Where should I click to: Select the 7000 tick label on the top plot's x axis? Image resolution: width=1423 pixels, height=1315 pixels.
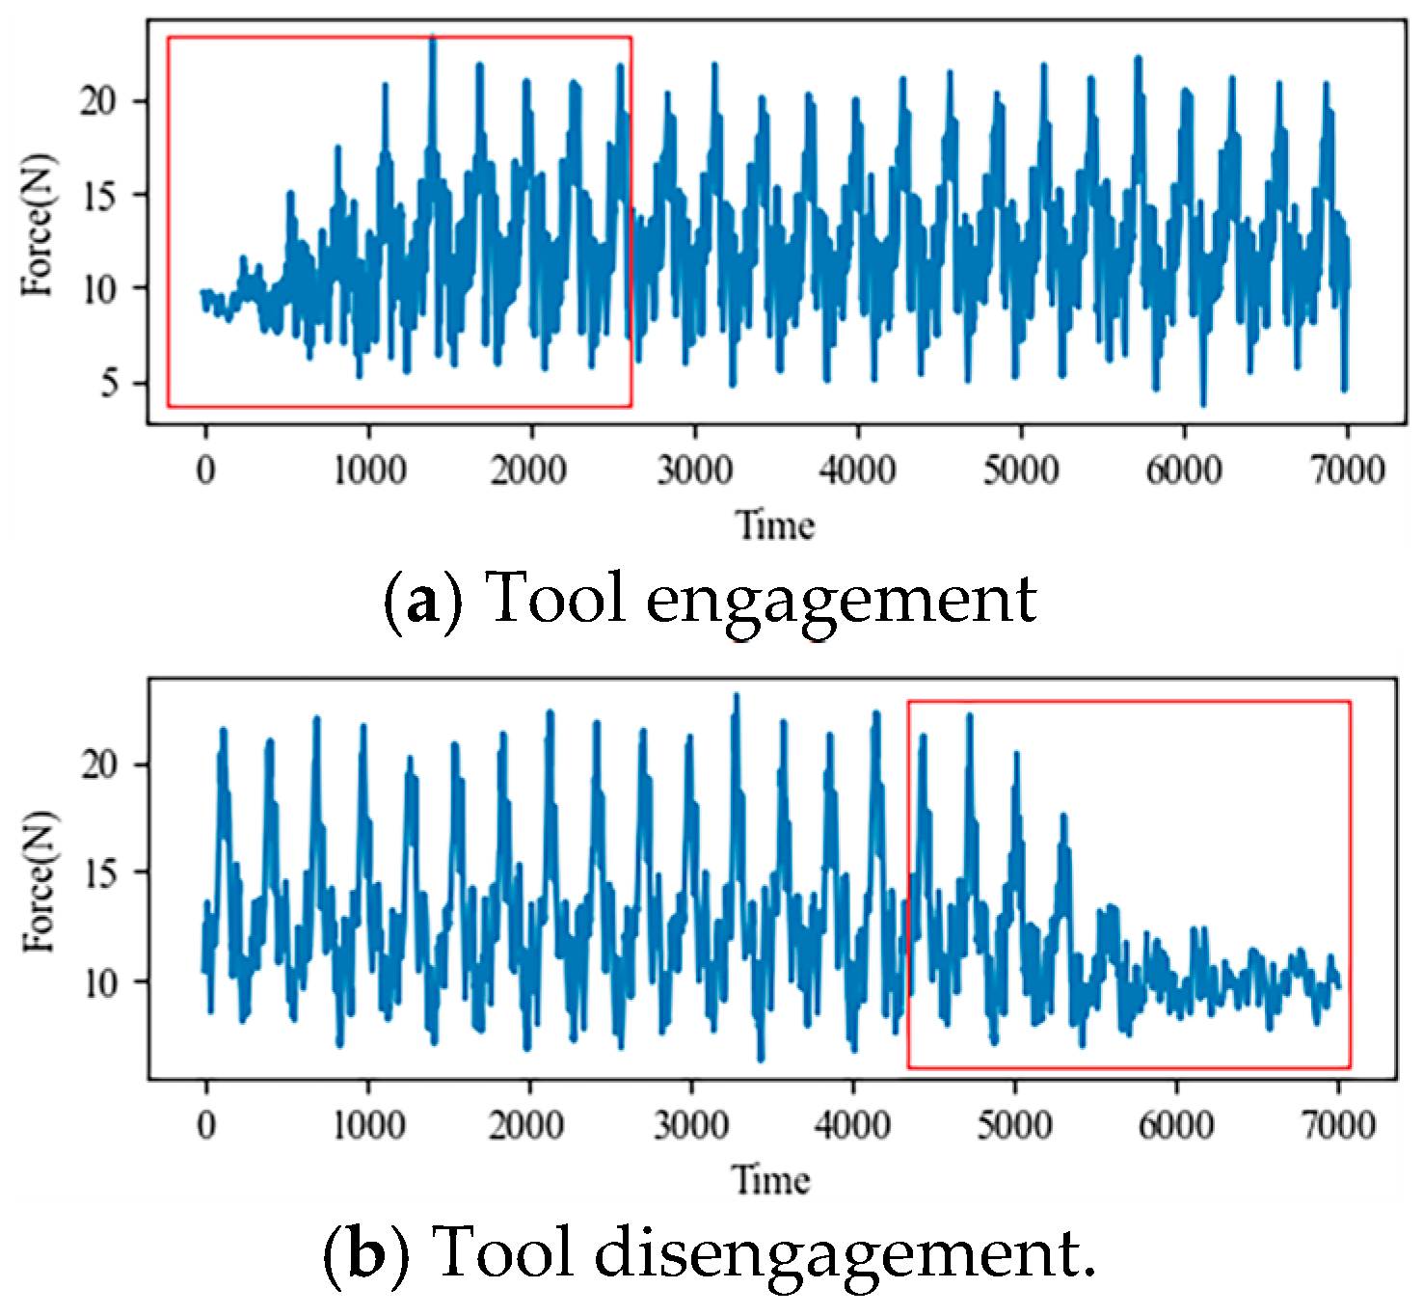[x=1346, y=470]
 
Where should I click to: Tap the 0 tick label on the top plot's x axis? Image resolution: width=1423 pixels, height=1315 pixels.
[x=205, y=470]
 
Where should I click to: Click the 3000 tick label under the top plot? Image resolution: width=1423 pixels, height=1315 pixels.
[x=694, y=470]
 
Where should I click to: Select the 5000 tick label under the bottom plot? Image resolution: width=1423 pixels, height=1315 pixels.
[x=1014, y=1125]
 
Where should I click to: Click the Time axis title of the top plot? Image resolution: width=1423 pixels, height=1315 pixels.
[x=775, y=525]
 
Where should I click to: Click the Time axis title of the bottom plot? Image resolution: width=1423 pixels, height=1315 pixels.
[x=770, y=1180]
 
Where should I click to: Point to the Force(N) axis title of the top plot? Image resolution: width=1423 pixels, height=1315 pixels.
[x=40, y=224]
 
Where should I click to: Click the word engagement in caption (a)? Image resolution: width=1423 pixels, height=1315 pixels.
[x=841, y=601]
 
